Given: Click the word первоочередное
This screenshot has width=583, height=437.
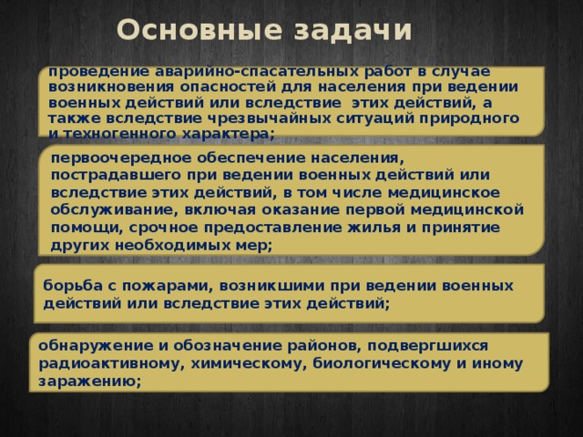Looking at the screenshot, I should pyautogui.click(x=116, y=157).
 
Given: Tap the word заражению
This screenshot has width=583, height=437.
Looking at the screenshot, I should pyautogui.click(x=85, y=383).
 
